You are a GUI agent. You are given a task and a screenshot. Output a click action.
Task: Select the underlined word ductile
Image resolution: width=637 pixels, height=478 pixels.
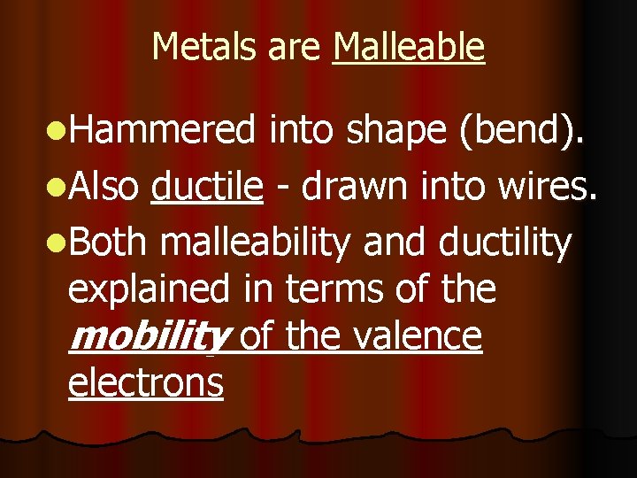[208, 187]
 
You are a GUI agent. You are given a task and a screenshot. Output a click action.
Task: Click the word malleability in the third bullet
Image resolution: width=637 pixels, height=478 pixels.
[257, 243]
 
